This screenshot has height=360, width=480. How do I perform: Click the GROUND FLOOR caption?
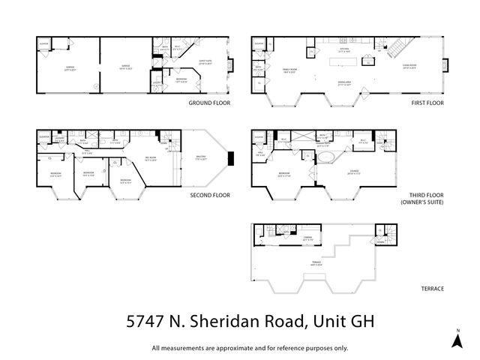click(x=208, y=102)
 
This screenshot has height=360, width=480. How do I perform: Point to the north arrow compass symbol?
click(x=455, y=339)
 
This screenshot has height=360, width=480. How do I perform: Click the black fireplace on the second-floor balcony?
click(x=231, y=157)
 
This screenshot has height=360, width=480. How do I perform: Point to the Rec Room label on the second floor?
click(x=151, y=158)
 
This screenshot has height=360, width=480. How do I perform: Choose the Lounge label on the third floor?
click(x=353, y=171)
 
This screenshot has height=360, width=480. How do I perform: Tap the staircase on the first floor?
click(x=394, y=50)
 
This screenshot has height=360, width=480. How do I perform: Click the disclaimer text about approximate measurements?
click(x=250, y=347)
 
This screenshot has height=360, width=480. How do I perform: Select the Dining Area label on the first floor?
click(x=345, y=84)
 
